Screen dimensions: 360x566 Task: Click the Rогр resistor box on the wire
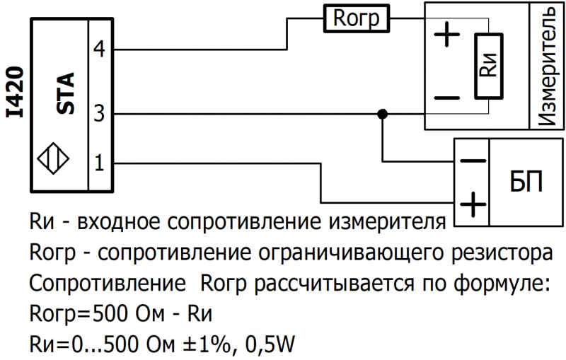(357, 20)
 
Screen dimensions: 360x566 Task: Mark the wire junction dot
(383, 113)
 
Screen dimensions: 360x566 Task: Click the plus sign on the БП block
(473, 206)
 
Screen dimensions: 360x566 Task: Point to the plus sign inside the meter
(446, 35)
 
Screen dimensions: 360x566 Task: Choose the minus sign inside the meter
(446, 98)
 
